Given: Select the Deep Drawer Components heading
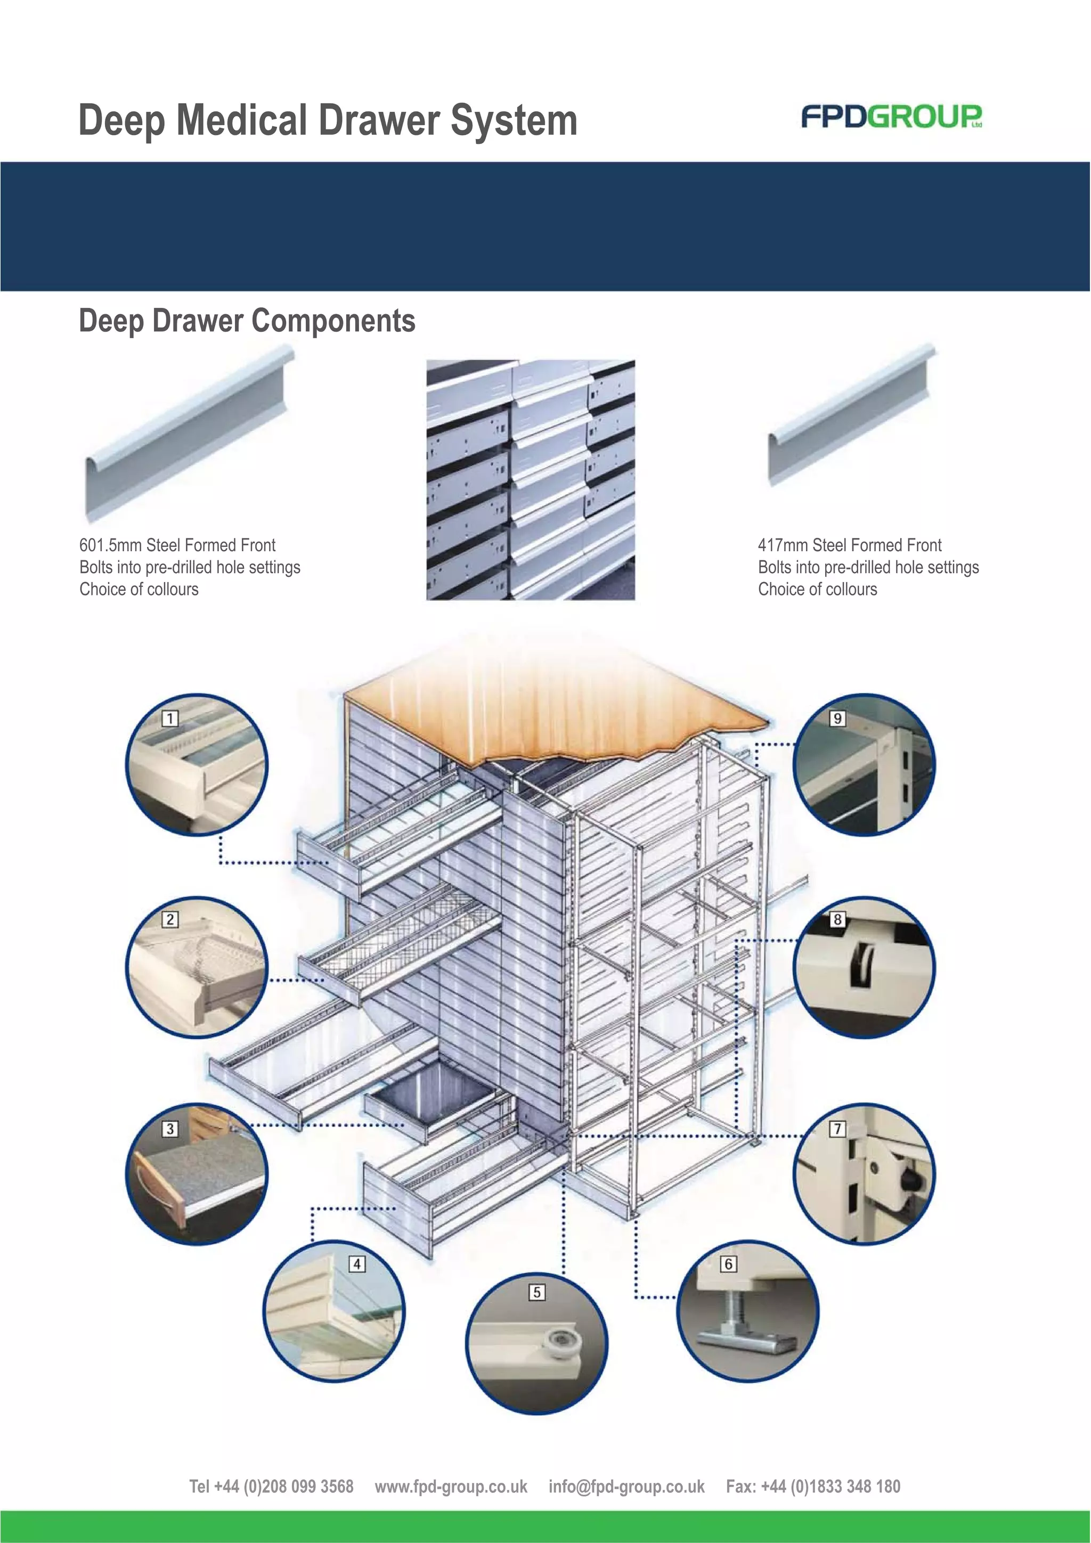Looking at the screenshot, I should (247, 321).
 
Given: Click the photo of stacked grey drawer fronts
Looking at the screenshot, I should (531, 480).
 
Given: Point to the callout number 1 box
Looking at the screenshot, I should (170, 719).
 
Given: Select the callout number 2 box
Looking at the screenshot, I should (170, 919).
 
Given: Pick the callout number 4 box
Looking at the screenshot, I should (357, 1264).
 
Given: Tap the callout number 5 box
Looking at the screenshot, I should (536, 1292).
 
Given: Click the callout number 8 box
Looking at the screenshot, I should (837, 919).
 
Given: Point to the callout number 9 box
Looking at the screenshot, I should (837, 719).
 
